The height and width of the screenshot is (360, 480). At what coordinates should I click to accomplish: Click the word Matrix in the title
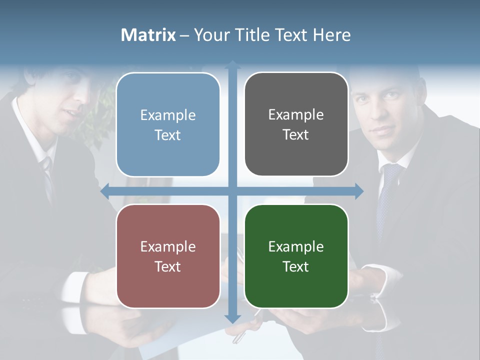coord(148,35)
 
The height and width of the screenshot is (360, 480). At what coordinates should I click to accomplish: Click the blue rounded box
coord(168,124)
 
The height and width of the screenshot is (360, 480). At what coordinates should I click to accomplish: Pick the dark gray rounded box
coord(296,124)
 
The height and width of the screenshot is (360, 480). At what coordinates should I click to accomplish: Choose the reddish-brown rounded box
coord(168,256)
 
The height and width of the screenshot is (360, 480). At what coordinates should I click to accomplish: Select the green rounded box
coord(296,256)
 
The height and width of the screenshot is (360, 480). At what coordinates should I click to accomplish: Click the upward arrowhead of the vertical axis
coord(232,64)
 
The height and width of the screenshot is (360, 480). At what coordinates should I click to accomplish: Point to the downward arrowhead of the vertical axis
coord(232,318)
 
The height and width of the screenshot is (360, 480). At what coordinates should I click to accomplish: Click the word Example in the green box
coord(296,246)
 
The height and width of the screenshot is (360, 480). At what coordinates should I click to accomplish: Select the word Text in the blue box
coord(168,135)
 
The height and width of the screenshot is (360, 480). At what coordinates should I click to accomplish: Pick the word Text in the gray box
coord(296,134)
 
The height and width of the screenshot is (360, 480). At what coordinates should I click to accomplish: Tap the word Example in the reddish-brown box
coord(168,246)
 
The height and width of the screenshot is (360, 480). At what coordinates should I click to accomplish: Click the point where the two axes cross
coord(232,191)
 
